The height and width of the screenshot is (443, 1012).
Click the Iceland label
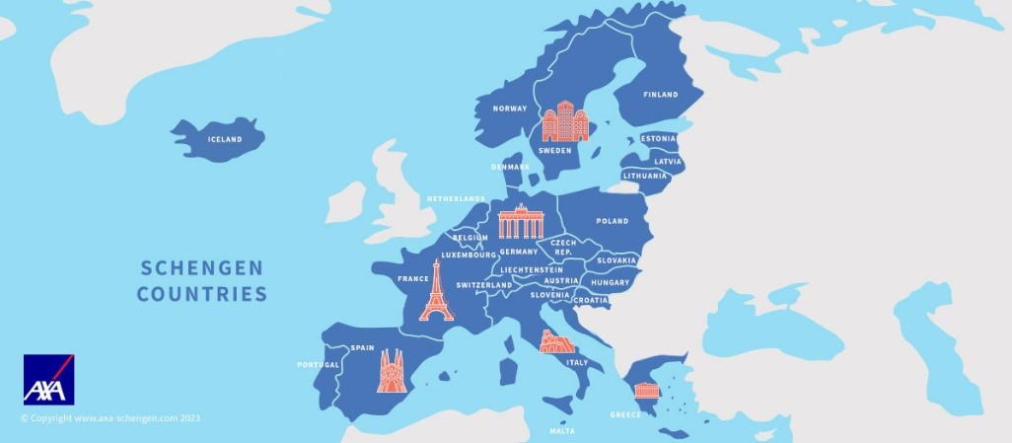coord(225,140)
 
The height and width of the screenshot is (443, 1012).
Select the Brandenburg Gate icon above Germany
coord(521,222)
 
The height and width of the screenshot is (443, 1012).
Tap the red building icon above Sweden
coord(564,121)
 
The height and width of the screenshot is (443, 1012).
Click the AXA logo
coord(49,380)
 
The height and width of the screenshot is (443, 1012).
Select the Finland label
coord(661,95)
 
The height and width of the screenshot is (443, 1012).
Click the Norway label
coord(510,109)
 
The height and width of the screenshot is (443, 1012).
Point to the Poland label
coord(612,221)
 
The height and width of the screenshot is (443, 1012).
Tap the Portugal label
coord(319,365)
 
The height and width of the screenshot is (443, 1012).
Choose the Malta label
coord(562,431)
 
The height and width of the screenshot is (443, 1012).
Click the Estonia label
coord(659,139)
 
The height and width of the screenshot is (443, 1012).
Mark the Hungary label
coord(610,282)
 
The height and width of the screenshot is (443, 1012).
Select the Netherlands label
coord(456,199)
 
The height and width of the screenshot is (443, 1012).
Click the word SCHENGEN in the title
coord(202,267)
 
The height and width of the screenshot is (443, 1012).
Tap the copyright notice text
coord(110,418)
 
